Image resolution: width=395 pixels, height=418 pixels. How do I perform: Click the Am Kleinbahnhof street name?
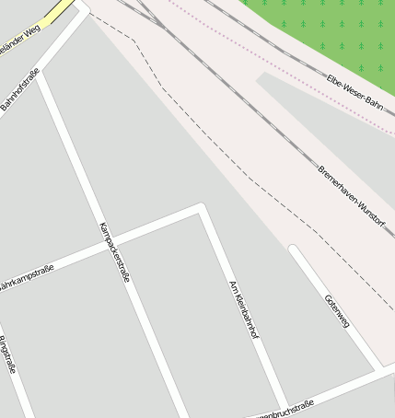(x=241, y=308)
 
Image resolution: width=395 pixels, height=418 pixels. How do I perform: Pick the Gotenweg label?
(x=337, y=311)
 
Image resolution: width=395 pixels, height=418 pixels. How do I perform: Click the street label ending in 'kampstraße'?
(x=26, y=277)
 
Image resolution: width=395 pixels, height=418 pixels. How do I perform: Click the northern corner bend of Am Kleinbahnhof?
(x=200, y=209)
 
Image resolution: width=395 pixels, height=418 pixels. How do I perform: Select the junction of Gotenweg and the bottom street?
(x=378, y=368)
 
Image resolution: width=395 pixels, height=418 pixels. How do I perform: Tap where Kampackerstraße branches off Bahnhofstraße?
(x=40, y=73)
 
